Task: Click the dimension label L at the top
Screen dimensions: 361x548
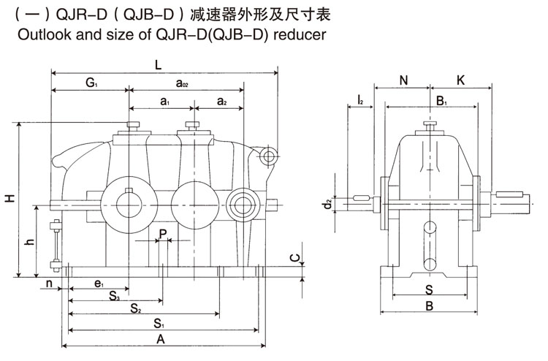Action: tap(159, 64)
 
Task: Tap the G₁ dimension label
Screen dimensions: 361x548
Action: tap(91, 83)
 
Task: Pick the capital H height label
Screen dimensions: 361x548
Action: tap(9, 199)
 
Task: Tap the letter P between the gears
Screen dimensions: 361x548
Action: tap(163, 233)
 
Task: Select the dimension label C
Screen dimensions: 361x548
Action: tap(293, 258)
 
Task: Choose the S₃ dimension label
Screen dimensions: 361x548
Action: tap(115, 296)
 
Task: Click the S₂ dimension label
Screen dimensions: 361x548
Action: tap(136, 310)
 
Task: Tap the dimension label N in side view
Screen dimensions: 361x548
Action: tap(403, 80)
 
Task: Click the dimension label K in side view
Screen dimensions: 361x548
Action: tap(460, 80)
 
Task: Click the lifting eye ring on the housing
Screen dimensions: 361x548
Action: tap(270, 156)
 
